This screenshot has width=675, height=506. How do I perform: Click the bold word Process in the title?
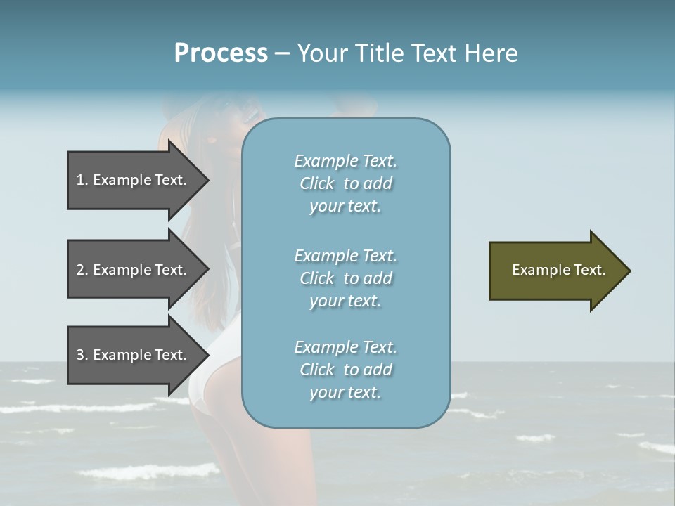point(221,53)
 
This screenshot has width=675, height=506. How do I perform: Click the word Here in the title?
point(492,53)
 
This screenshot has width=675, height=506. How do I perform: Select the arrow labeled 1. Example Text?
point(134,180)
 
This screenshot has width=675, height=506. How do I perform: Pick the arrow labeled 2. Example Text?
point(134,270)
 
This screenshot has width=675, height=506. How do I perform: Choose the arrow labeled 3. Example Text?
point(134,355)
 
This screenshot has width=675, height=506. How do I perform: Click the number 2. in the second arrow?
point(82,270)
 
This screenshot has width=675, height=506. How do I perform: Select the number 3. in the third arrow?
point(82,355)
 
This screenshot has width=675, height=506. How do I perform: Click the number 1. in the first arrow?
point(82,180)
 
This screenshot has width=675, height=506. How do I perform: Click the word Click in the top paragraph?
point(316,183)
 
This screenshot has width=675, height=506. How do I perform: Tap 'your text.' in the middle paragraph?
point(345,301)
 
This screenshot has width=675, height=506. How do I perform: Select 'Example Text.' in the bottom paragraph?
point(345,347)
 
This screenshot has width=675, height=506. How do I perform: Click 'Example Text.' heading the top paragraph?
point(345,161)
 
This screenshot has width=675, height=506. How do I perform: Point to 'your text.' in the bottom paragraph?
point(345,392)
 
